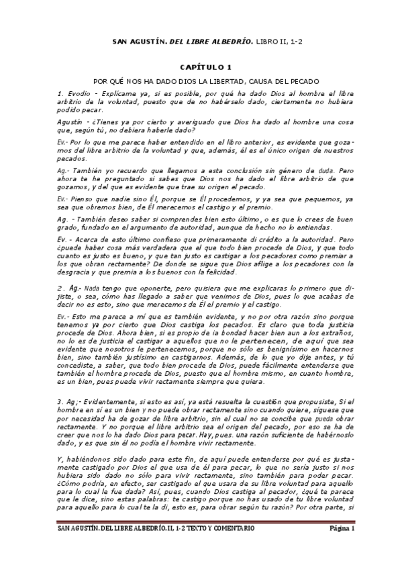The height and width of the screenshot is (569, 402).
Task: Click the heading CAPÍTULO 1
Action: tap(201, 67)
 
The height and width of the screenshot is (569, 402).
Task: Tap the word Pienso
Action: tap(81, 199)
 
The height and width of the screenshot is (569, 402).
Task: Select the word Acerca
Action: tap(89, 239)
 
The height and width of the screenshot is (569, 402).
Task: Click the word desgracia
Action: tap(76, 272)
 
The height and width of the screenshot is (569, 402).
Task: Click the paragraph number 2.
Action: tap(60, 287)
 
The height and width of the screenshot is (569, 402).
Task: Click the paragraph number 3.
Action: tap(60, 401)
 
